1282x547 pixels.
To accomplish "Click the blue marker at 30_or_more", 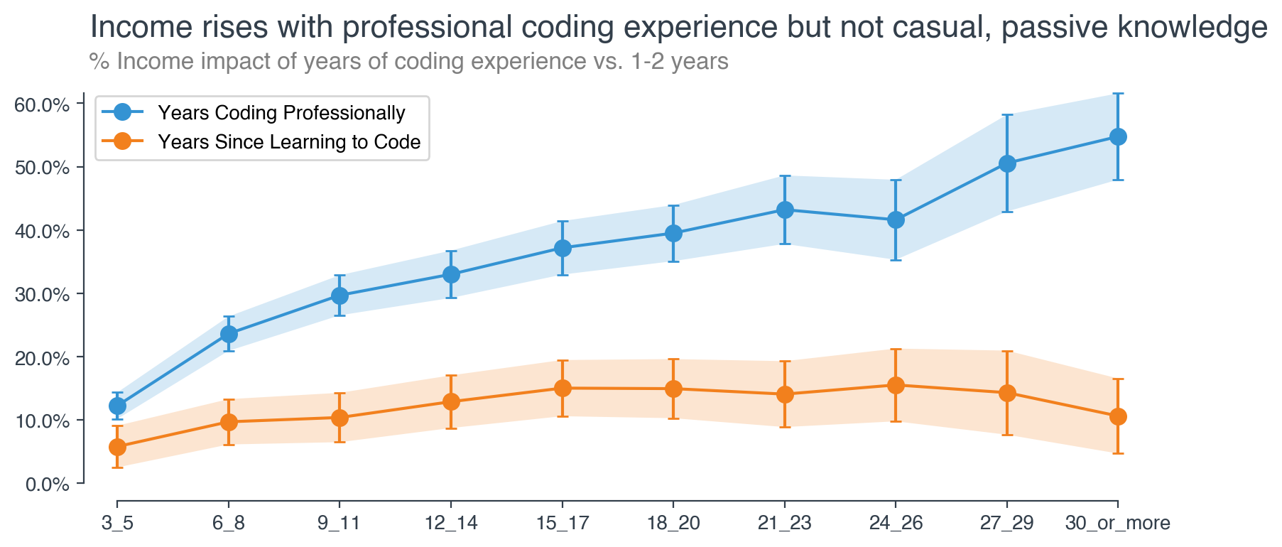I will (1118, 137).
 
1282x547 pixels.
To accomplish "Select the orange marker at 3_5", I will (117, 447).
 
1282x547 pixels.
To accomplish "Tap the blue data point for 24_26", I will (896, 220).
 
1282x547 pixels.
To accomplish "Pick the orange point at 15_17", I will (563, 388).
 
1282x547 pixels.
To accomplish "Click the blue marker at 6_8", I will (229, 334).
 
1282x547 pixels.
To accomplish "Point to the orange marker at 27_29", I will (1007, 393).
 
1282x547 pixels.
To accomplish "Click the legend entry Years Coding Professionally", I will (281, 112).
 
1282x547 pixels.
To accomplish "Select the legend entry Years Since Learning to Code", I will (289, 142).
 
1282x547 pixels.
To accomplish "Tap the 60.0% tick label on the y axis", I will (42, 105).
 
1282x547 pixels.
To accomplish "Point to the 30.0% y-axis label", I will (42, 295).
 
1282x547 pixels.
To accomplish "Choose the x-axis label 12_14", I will (451, 524).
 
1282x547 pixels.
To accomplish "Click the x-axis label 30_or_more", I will (1118, 524).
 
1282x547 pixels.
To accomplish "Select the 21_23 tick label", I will (784, 524).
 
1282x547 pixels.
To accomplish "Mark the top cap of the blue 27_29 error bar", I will (1007, 114).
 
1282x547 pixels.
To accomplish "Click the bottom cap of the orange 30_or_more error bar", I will (1118, 453).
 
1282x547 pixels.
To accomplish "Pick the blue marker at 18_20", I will (673, 233).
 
